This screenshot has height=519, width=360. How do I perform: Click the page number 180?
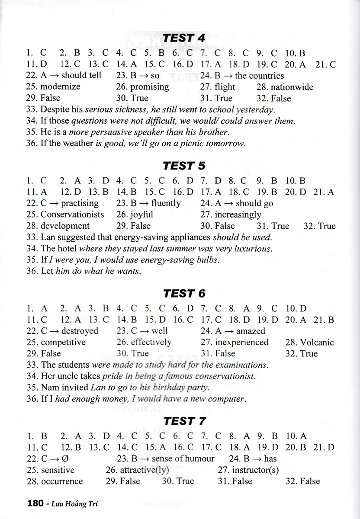(35, 503)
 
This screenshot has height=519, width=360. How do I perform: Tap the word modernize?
(61, 86)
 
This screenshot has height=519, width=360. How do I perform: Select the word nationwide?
(291, 87)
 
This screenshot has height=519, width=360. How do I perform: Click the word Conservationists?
(72, 215)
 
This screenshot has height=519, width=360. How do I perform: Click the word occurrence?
(61, 481)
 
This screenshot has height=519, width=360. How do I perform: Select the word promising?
(149, 86)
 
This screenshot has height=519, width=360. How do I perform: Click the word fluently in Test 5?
(166, 203)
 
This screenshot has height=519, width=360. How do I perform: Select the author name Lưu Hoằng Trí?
(77, 503)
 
